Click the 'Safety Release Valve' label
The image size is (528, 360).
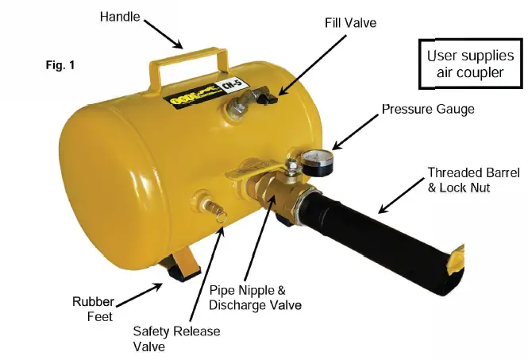coord(176,339)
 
